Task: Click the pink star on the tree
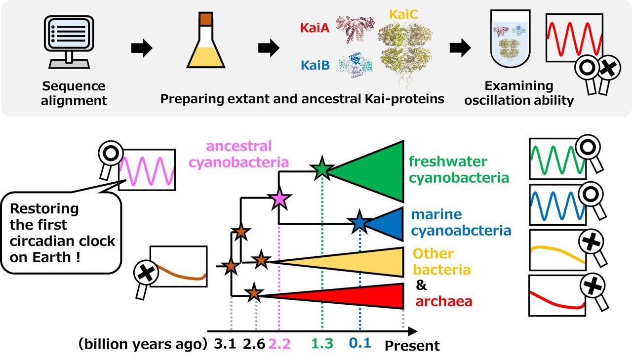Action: tap(279, 199)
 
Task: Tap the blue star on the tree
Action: tap(359, 223)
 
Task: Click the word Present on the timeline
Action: tap(412, 345)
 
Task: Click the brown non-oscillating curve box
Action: tap(178, 267)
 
